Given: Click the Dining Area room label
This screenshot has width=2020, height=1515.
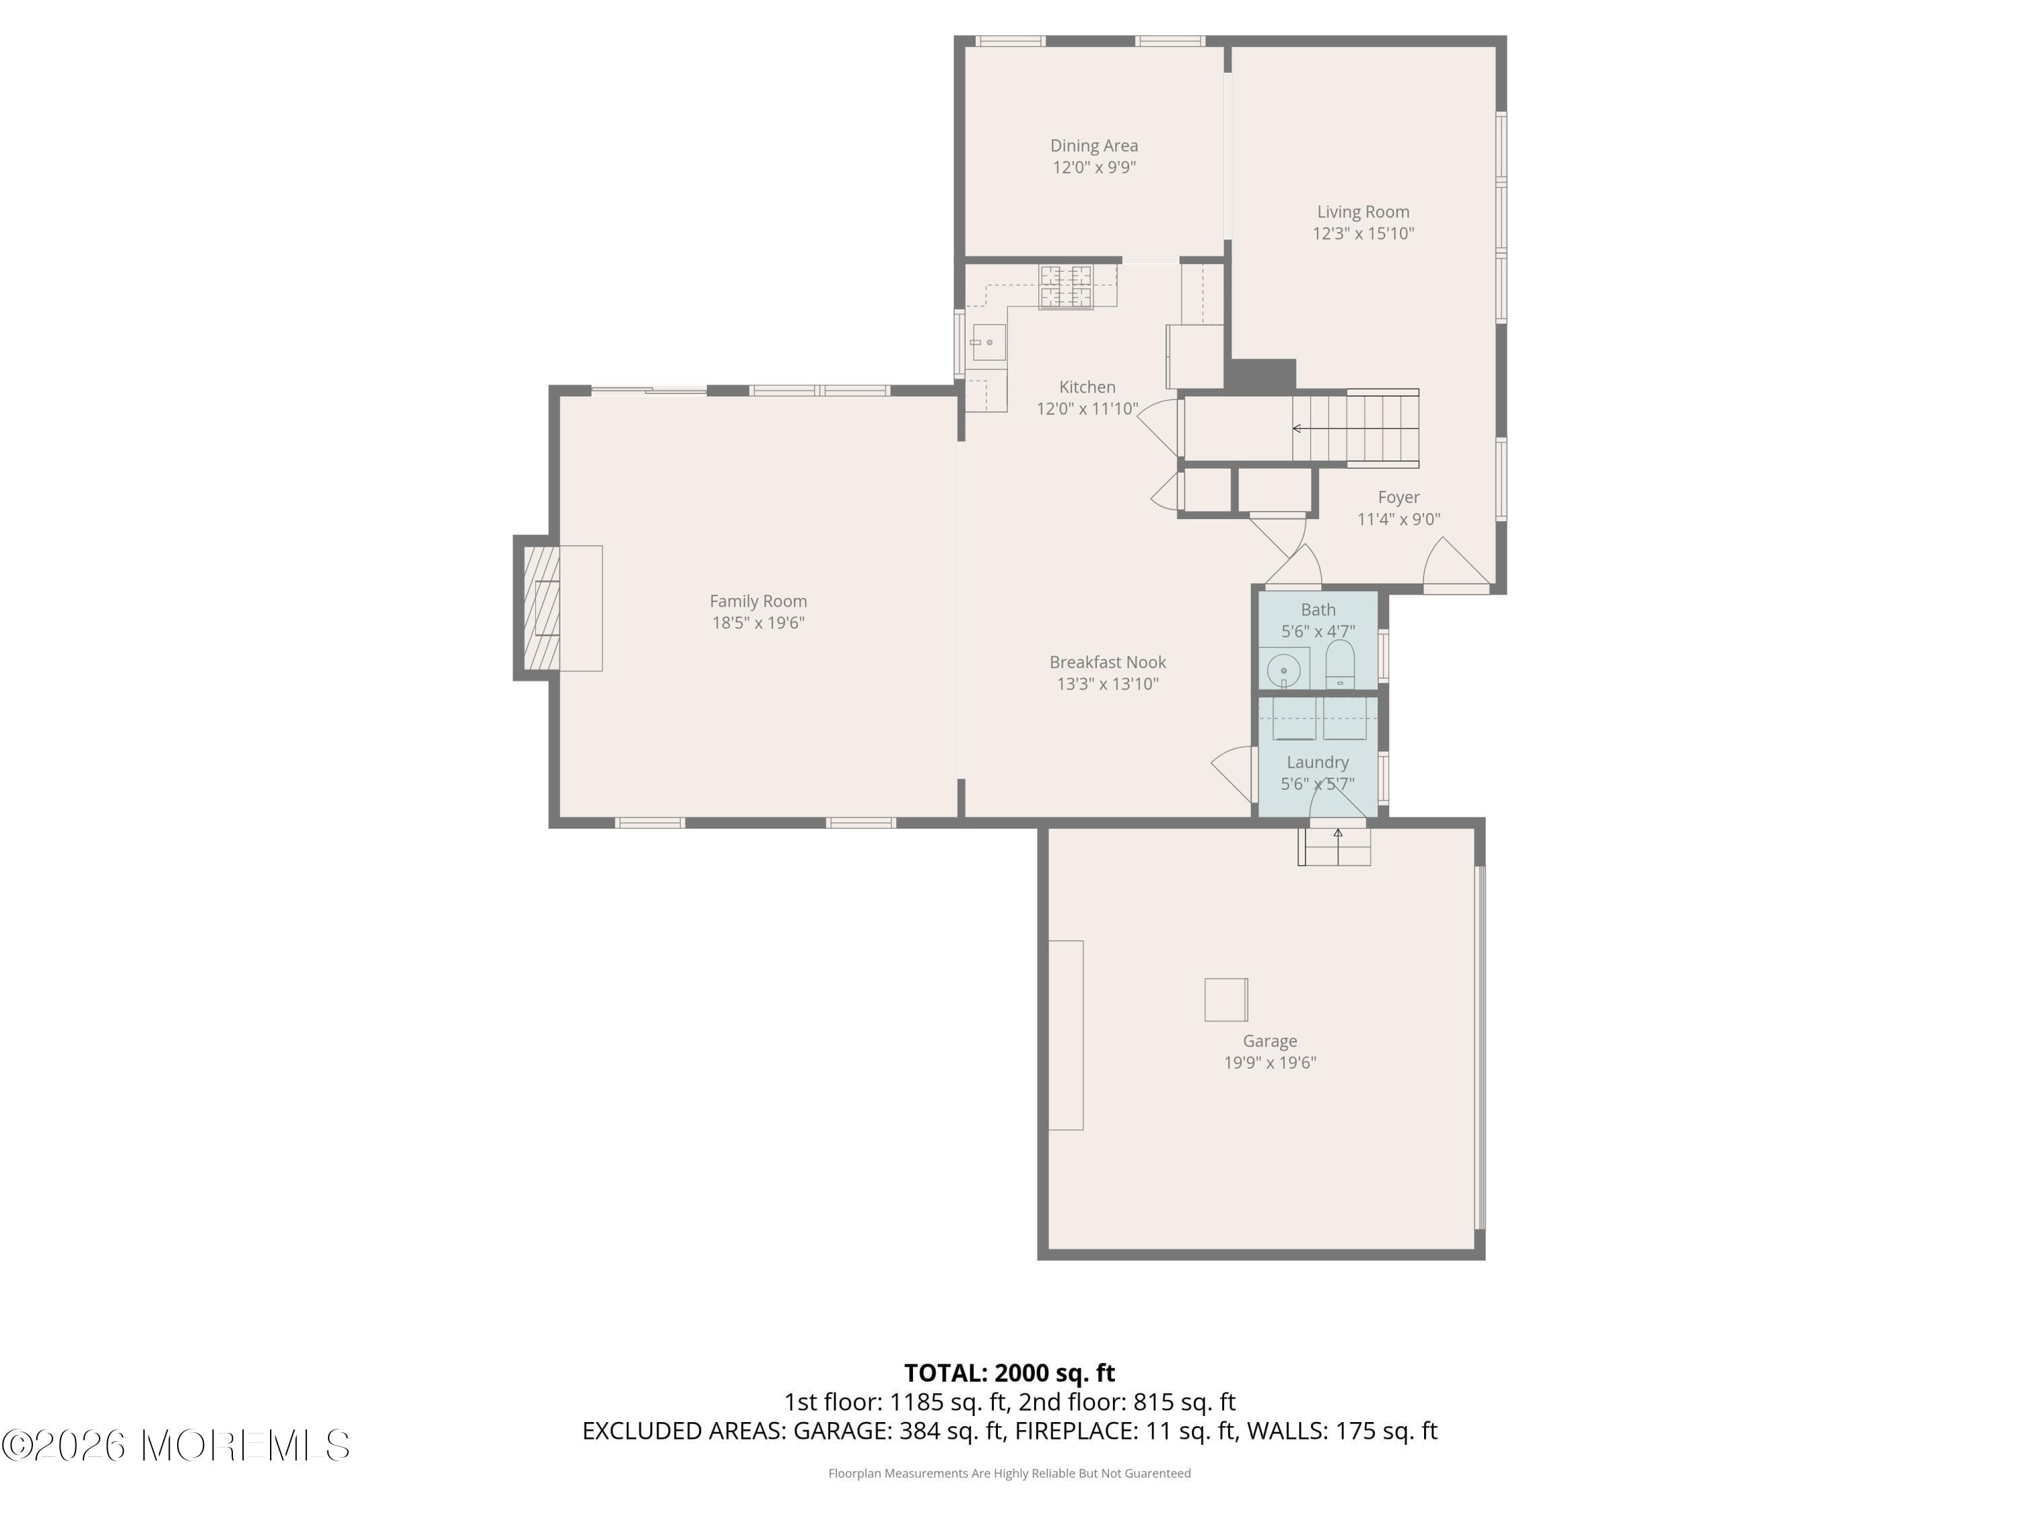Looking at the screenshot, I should (1093, 145).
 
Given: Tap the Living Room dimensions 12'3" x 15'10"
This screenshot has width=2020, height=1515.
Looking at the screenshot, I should (1363, 234).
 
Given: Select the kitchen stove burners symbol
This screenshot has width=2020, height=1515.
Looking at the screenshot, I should (1065, 287).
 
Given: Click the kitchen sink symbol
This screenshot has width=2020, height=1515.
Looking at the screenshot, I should (988, 343).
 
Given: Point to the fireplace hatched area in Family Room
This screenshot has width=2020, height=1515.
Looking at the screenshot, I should (535, 607).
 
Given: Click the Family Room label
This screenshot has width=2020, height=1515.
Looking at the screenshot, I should (758, 601).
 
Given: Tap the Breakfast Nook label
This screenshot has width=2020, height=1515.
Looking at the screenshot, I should (1107, 662).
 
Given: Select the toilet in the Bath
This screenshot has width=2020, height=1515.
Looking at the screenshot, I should (1340, 664).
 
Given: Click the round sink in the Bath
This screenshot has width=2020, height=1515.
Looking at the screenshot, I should (1283, 670).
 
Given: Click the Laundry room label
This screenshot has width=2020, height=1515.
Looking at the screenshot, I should (1317, 762).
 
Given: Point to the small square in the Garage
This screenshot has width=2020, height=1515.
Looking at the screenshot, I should (1225, 999).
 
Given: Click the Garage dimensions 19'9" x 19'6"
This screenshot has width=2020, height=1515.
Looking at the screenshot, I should (1269, 1062).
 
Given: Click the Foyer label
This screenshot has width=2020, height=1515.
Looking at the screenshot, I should (1398, 497).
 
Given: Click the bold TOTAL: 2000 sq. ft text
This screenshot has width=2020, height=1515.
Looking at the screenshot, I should (1009, 1372).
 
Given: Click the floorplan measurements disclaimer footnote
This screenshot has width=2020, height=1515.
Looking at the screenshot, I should (1009, 1473).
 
